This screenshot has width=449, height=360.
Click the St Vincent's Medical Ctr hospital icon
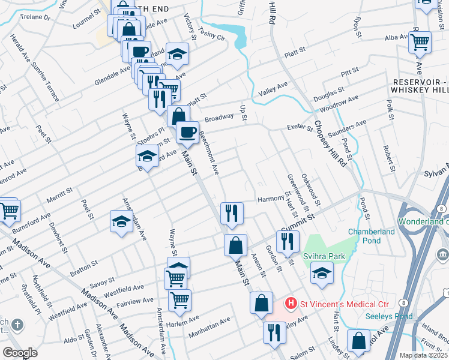291,304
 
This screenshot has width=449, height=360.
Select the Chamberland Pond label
372,236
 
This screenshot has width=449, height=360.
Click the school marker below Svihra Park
322,275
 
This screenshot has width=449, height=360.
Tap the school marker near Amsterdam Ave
122,222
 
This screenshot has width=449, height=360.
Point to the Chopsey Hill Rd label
330,144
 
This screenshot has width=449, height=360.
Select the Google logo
20,353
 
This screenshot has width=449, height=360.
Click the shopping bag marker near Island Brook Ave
359,341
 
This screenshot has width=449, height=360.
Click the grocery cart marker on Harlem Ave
179,301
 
